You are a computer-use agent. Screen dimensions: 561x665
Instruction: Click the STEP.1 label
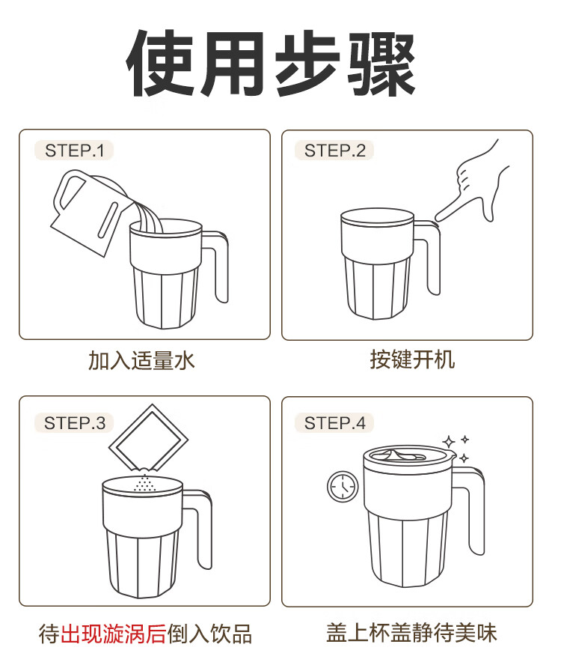click(x=74, y=151)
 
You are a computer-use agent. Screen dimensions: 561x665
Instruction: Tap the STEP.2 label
click(x=335, y=151)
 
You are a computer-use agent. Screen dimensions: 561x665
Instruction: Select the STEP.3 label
click(x=74, y=423)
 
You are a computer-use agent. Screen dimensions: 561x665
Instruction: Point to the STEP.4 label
click(x=335, y=423)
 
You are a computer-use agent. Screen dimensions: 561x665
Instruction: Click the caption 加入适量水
click(x=141, y=361)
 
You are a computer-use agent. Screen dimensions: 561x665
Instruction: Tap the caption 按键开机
click(x=412, y=359)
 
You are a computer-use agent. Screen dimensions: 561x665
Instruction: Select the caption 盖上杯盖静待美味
click(x=411, y=633)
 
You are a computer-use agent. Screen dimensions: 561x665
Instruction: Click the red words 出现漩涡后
click(x=114, y=634)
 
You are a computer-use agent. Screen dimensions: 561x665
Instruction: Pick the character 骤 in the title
click(x=380, y=64)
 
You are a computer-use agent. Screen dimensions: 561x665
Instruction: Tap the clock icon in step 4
click(x=343, y=487)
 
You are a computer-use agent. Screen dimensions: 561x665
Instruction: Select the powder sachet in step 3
click(x=148, y=439)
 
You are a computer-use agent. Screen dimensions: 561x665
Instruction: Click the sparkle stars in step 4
click(x=456, y=448)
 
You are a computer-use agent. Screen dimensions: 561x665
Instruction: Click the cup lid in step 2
click(x=377, y=216)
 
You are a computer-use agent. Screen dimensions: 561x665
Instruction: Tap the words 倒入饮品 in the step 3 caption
click(x=209, y=634)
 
